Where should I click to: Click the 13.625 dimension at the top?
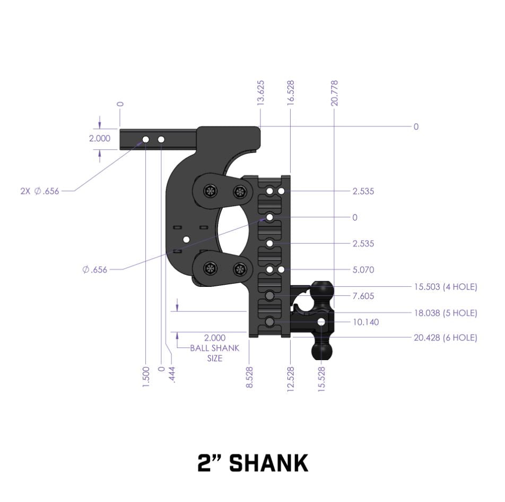[x=260, y=93]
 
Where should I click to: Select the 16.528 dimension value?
[x=291, y=93]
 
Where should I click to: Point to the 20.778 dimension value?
[x=334, y=93]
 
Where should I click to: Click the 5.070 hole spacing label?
[x=363, y=270]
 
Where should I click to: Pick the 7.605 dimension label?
[x=363, y=296]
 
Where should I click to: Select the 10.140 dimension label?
[x=365, y=322]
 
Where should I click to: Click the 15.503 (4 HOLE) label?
[x=446, y=287]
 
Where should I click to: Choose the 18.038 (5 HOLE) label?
[x=446, y=313]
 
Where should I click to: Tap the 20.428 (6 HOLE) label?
[x=446, y=337]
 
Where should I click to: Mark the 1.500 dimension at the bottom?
[x=146, y=377]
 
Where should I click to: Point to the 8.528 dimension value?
[x=249, y=377]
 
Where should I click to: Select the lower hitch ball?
[x=322, y=350]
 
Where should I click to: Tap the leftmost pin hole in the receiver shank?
[x=145, y=139]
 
